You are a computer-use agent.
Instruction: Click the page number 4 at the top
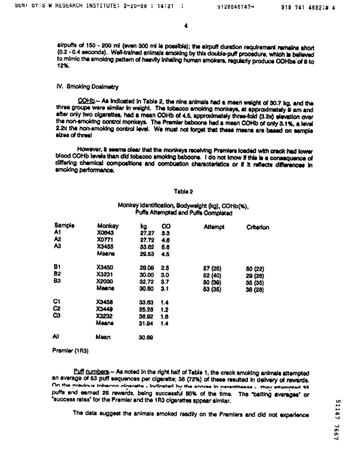coord(187,26)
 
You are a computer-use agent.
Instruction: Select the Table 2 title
coord(183,191)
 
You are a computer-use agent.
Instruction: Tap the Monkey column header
coord(108,226)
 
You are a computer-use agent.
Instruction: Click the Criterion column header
coord(257,227)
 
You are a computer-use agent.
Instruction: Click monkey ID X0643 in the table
coord(105,233)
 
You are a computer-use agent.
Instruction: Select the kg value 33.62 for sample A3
coord(147,245)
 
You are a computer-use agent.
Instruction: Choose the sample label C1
coord(57,302)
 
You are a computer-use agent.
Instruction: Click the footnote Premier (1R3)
coord(69,351)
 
